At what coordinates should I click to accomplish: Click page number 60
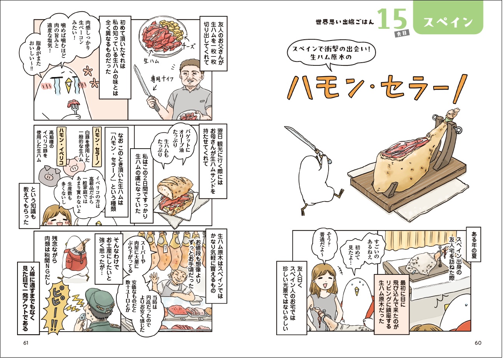[x=478, y=343]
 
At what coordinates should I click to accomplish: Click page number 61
[x=26, y=343]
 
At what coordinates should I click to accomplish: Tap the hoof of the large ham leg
[x=452, y=113]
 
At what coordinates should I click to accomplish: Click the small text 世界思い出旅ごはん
[x=345, y=22]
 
